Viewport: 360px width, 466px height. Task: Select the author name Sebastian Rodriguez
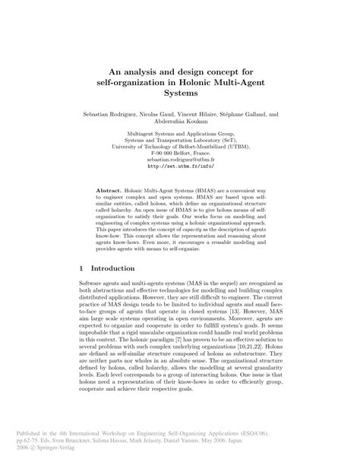(x=115, y=114)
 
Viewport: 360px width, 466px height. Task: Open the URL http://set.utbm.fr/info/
(x=179, y=168)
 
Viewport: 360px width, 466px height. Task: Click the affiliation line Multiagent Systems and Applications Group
(x=179, y=134)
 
